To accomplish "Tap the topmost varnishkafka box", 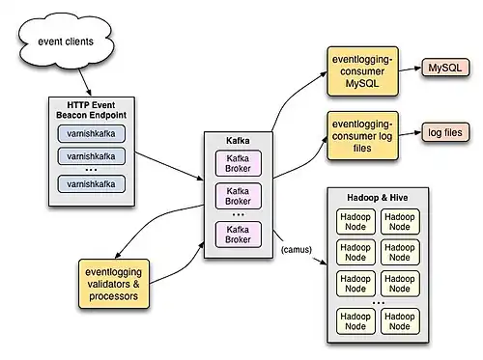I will [92, 133].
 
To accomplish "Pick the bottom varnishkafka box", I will [92, 182].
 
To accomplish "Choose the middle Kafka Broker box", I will [237, 197].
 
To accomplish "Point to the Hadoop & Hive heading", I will [379, 197].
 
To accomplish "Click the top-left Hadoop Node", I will [356, 220].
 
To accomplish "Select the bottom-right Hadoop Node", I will [401, 320].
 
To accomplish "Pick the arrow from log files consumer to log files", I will [410, 132].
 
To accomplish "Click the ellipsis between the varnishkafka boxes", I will [92, 169].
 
